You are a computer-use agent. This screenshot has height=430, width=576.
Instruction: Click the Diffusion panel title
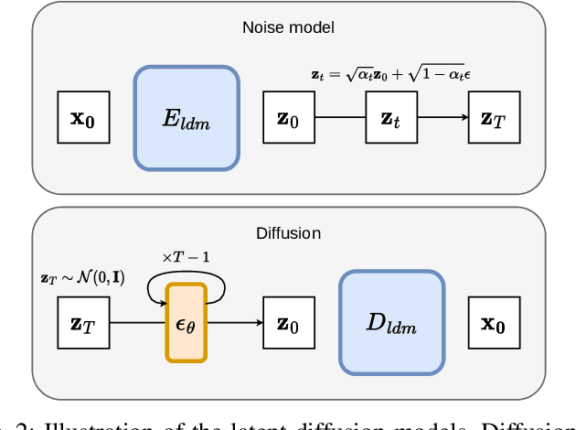[x=288, y=232]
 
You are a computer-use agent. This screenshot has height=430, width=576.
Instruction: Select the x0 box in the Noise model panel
[x=83, y=117]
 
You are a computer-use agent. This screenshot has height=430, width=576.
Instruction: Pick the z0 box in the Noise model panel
[x=288, y=117]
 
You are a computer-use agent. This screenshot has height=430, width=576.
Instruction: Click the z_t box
[x=390, y=117]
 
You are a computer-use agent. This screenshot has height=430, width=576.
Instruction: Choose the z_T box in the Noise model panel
[x=493, y=117]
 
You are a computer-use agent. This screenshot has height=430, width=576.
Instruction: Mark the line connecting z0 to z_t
[x=339, y=117]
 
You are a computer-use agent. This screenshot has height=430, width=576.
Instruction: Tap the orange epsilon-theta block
[x=187, y=321]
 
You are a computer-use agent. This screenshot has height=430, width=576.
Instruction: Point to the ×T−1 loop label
[x=187, y=257]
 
